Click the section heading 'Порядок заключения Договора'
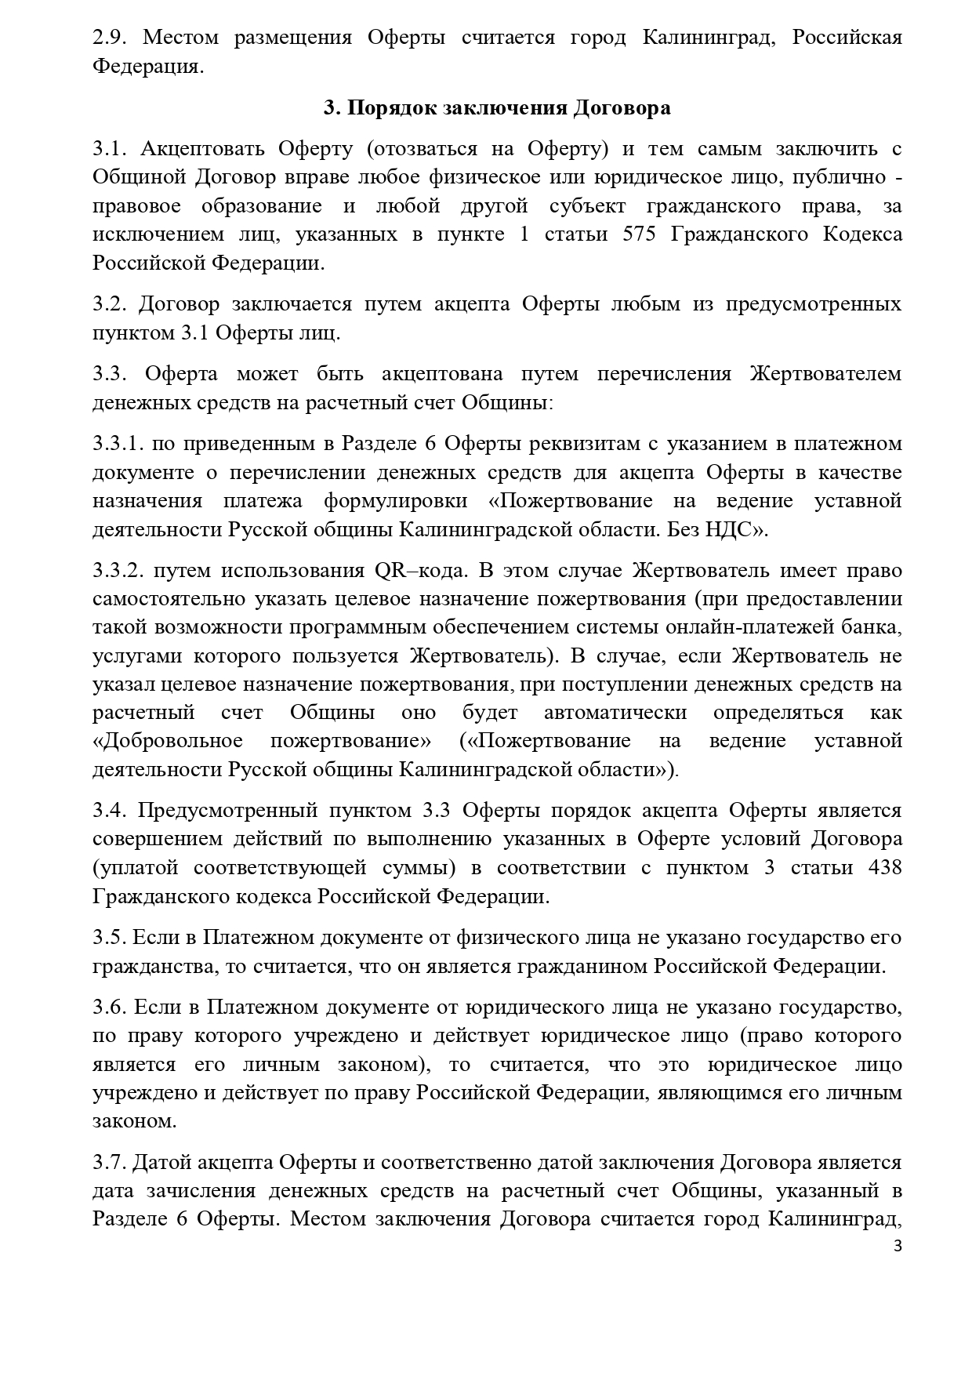point(509,108)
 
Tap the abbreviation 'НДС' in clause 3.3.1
point(720,529)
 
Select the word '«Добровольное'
point(167,741)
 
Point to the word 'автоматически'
point(615,713)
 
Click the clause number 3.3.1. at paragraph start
point(118,444)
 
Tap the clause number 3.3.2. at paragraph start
point(118,570)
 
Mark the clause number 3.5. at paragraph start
point(108,938)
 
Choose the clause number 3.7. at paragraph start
point(108,1163)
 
